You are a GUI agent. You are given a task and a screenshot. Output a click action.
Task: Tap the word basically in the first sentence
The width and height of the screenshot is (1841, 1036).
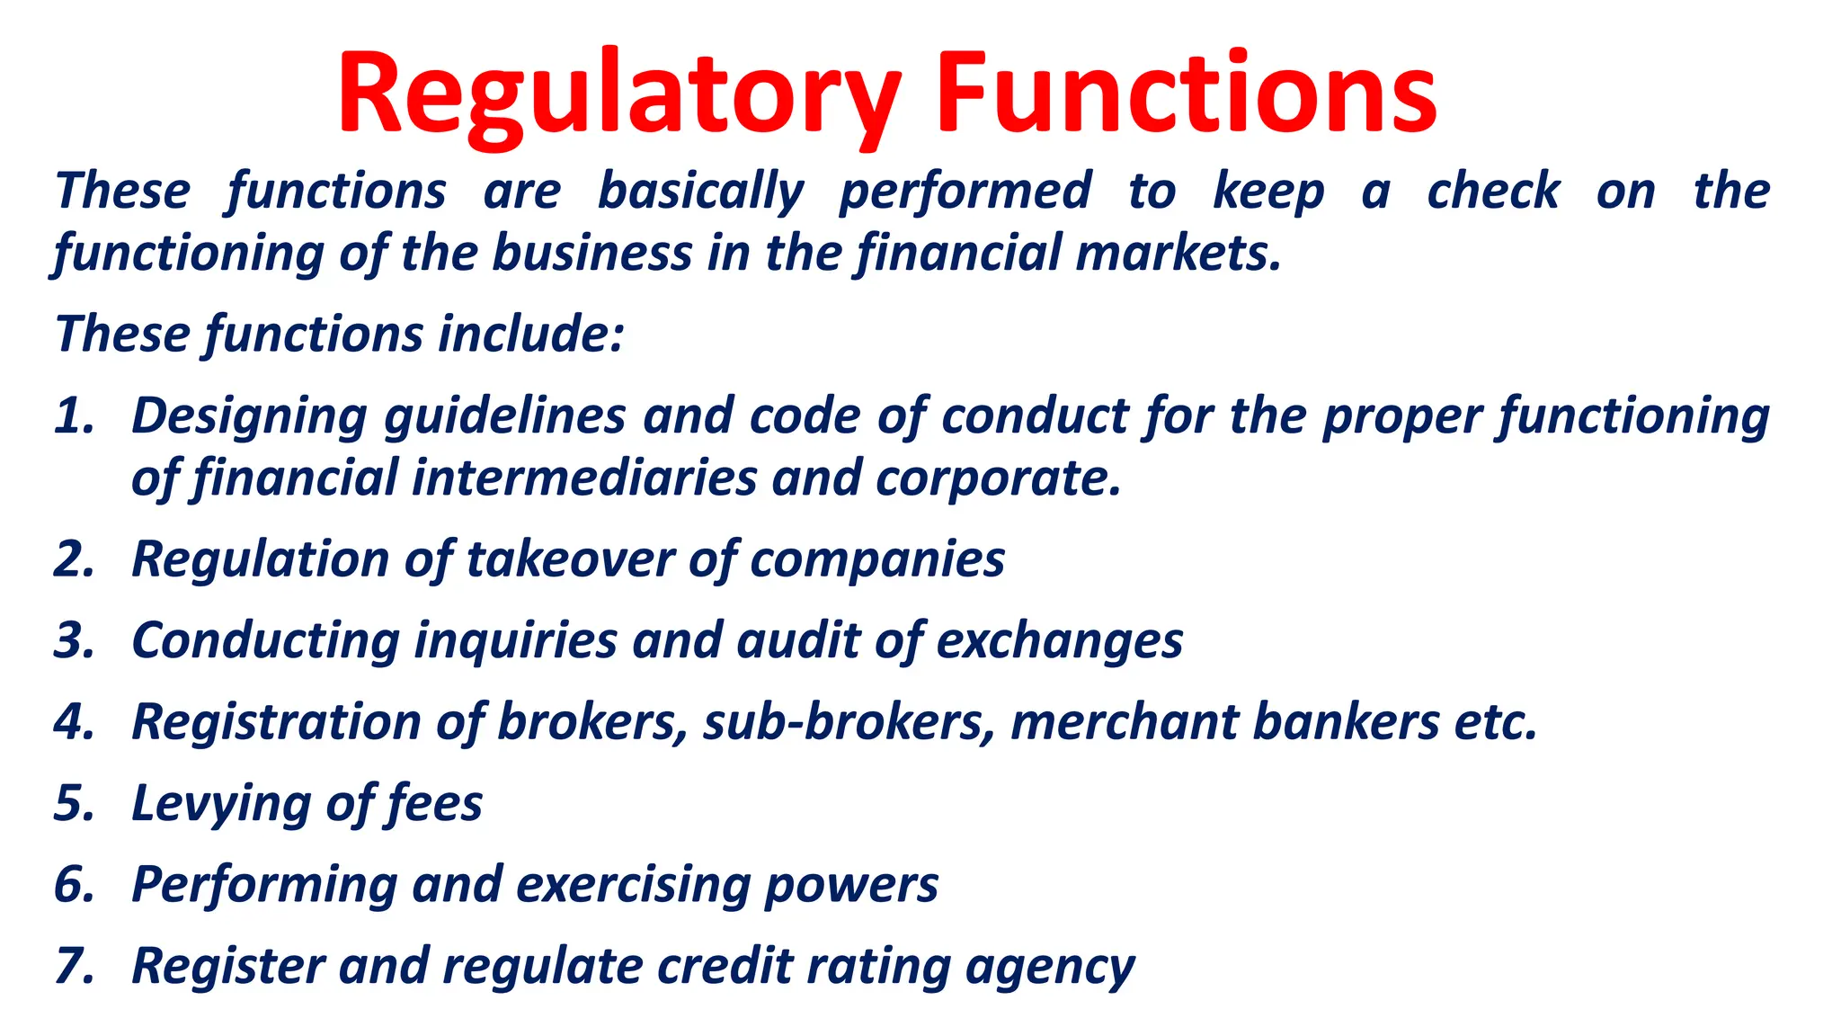700,192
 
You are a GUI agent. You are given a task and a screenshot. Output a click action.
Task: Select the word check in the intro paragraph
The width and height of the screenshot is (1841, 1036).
1493,192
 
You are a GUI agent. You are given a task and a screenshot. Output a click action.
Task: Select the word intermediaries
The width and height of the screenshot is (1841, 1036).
584,478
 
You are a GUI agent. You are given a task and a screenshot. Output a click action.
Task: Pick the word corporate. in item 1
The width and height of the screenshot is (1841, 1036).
998,478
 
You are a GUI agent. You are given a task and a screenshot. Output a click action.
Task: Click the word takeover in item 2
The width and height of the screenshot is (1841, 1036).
570,559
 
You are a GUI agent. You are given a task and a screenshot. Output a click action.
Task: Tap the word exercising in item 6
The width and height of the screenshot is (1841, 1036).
633,885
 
